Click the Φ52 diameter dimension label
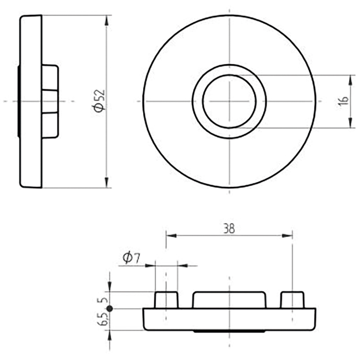coord(99,101)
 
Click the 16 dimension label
coord(344,101)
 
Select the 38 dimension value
coord(229,229)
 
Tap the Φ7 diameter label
coord(131,257)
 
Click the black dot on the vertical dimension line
coord(110,309)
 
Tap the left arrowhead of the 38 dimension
coord(171,235)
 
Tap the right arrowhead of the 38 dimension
coord(287,235)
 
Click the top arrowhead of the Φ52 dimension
coord(106,21)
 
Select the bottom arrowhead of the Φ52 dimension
coord(106,183)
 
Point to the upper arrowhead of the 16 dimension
coord(351,81)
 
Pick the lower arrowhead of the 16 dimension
coord(351,122)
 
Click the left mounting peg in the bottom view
coord(166,300)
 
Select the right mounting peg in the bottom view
coord(292,300)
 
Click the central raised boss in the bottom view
coord(229,300)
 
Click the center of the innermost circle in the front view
coord(229,101)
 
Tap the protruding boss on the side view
coord(50,101)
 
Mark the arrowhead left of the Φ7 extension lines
coord(150,266)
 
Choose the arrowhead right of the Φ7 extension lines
coord(183,266)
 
